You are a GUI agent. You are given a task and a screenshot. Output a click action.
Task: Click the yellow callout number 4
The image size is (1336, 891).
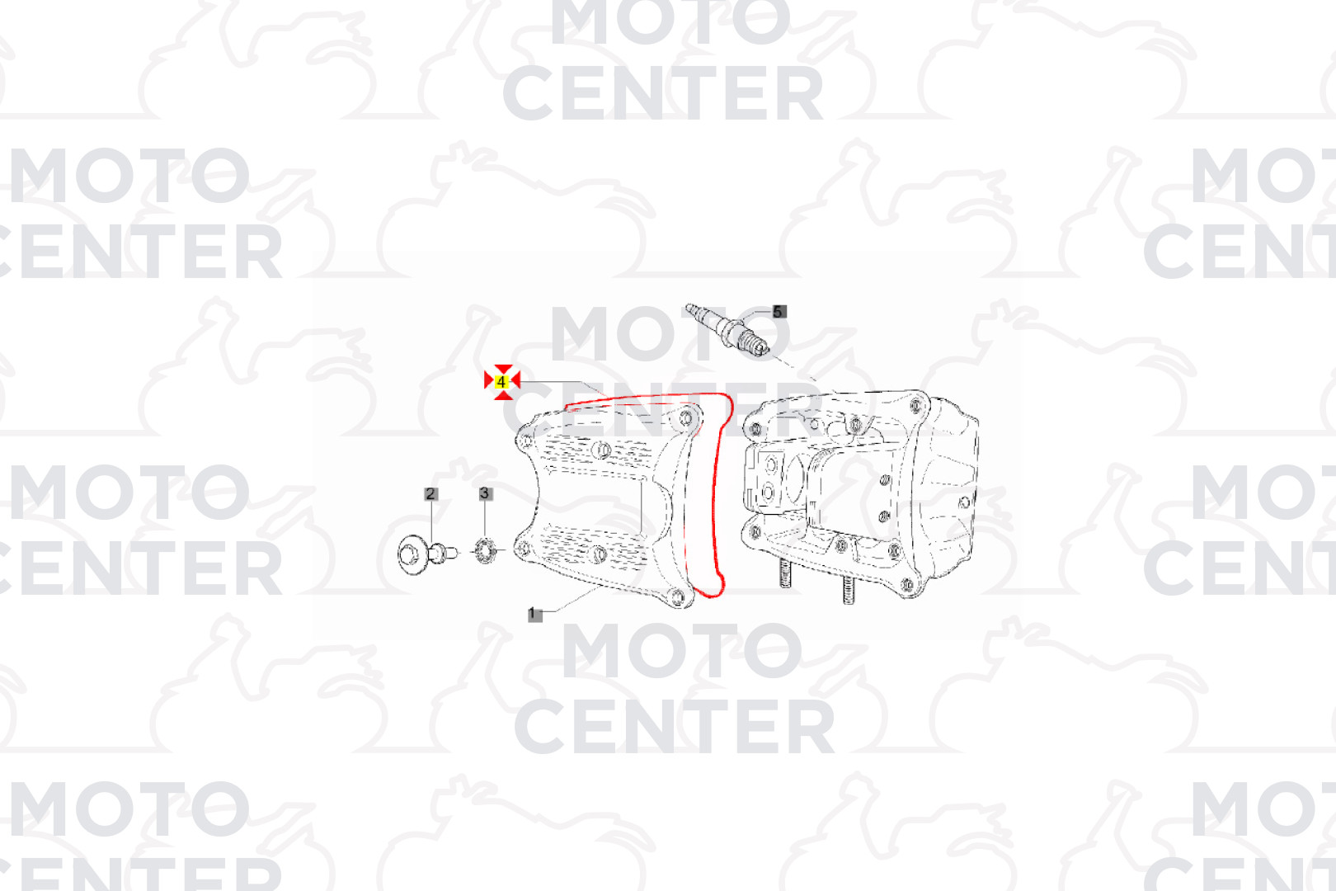pos(501,381)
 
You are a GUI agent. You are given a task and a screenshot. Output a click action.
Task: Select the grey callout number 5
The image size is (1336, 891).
pos(779,312)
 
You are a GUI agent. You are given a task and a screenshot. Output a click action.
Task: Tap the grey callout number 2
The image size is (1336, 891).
pos(430,494)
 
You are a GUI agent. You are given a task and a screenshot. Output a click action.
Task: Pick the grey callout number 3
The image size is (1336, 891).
pos(484,493)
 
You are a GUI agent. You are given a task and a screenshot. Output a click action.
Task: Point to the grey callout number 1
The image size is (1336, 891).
pos(534,614)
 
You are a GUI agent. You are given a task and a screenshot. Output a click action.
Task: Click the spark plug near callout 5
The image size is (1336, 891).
pos(727,330)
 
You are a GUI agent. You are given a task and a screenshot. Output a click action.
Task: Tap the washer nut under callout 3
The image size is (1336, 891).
pos(486,551)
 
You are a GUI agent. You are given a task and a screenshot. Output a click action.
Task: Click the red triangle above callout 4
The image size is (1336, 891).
pos(503,369)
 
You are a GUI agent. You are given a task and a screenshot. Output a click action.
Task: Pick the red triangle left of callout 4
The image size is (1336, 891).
pos(488,380)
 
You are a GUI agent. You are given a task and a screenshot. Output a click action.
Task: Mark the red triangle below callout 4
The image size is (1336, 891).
pos(503,394)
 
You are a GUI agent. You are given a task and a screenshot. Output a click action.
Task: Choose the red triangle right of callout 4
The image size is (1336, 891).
pos(516,380)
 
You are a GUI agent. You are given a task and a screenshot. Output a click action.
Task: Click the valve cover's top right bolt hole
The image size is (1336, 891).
pos(686,418)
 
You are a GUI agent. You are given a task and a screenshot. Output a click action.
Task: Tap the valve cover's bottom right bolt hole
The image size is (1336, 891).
pos(677,596)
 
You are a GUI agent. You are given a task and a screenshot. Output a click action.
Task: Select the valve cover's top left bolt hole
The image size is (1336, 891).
pos(526,442)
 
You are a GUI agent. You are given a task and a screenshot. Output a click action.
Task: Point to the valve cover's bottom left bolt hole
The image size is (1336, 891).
pos(524,549)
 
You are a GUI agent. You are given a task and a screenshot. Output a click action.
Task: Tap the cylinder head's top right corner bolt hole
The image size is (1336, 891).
pos(916,407)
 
